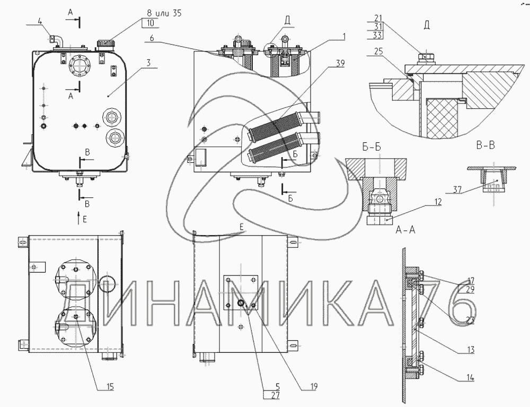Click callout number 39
[x=340, y=62]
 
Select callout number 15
[x=110, y=386]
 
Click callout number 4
[x=40, y=22]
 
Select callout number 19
[x=314, y=386]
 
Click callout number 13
[x=471, y=350]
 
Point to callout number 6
[x=151, y=38]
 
